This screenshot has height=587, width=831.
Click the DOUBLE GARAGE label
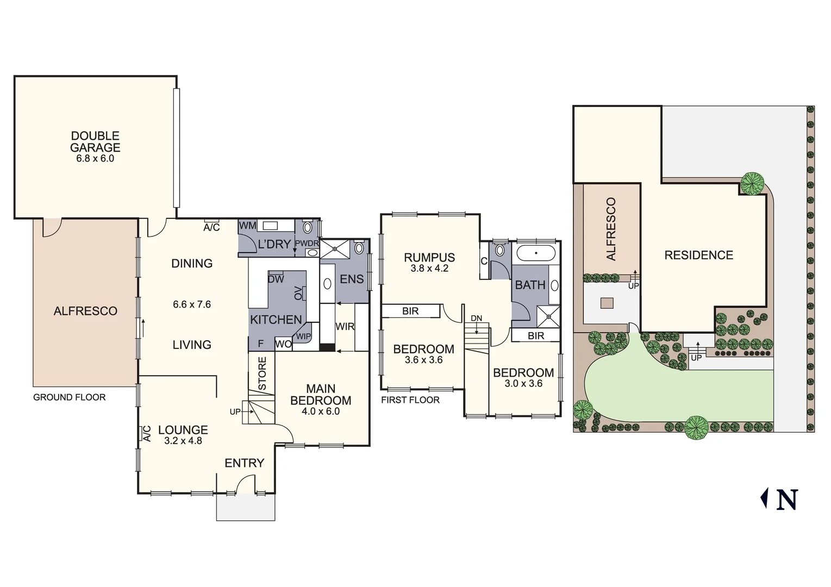pos(95,142)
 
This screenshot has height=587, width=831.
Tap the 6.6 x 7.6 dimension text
pos(192,304)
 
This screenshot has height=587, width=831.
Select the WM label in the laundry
pos(248,226)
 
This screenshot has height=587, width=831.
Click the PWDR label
pos(307,243)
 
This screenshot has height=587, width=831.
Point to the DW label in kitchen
pos(276,279)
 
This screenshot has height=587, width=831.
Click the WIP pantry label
pos(303,336)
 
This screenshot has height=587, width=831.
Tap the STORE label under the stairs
pos(262,373)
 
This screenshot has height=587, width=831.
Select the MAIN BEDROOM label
pos(321,395)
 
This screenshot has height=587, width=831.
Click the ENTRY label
pos(244,463)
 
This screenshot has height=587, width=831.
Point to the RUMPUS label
pos(429,258)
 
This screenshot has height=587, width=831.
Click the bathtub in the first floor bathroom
pos(536,253)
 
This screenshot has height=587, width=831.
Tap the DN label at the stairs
pos(476,319)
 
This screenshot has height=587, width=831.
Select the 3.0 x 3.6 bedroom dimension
pos(523,384)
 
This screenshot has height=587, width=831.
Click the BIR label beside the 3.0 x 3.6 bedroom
pos(536,336)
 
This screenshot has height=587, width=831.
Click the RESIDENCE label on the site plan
pos(698,255)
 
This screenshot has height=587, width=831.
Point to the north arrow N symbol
pos(786,499)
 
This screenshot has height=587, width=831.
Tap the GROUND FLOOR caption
pos(70,397)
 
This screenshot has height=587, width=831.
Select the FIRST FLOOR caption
pos(410,400)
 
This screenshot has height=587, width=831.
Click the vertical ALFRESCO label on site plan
pos(611,229)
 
